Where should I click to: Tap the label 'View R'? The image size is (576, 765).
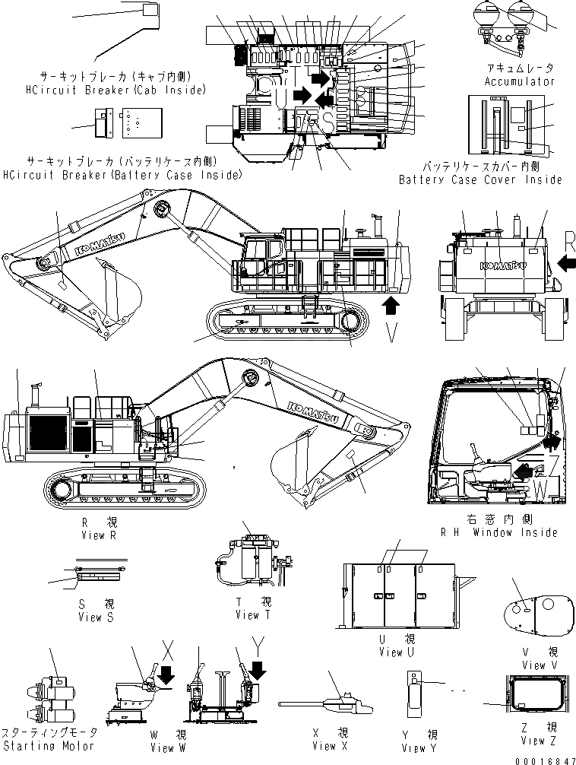[98, 535]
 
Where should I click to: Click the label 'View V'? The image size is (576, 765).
[534, 665]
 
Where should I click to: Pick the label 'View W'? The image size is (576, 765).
[162, 748]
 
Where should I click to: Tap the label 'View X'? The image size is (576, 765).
[325, 745]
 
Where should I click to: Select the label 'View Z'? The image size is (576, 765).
[533, 741]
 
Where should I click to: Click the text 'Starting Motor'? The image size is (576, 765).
[49, 745]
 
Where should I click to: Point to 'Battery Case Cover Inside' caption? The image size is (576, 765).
[480, 179]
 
